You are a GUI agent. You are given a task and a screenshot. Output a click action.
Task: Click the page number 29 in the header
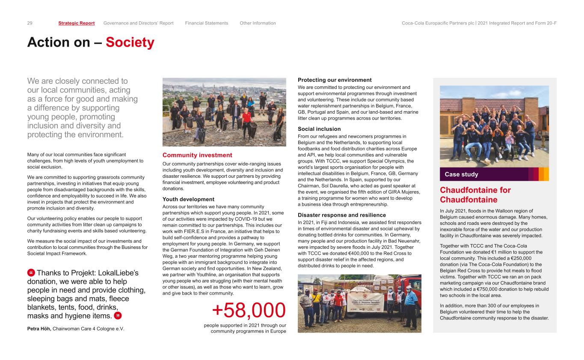tap(30, 23)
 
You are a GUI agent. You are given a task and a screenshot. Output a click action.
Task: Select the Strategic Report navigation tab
tap(77, 23)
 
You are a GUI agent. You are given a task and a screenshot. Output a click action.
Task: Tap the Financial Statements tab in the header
tap(207, 23)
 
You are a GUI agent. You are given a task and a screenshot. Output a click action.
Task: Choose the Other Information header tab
tap(258, 23)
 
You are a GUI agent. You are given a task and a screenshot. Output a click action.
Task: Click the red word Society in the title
tap(130, 43)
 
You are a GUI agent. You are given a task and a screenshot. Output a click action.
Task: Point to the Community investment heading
tap(197, 155)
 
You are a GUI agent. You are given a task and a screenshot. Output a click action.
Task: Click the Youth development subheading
tap(188, 199)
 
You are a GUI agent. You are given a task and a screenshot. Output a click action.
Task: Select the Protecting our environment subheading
tap(335, 80)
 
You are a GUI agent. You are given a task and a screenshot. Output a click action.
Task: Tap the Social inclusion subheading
tap(319, 129)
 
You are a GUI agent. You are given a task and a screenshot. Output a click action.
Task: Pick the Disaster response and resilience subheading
tap(342, 215)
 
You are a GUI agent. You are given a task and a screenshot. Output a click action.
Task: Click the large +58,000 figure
tap(249, 310)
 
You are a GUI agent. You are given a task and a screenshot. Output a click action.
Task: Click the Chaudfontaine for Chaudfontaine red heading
tap(475, 195)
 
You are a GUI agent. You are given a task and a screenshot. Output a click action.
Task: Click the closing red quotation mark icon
tap(118, 316)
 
